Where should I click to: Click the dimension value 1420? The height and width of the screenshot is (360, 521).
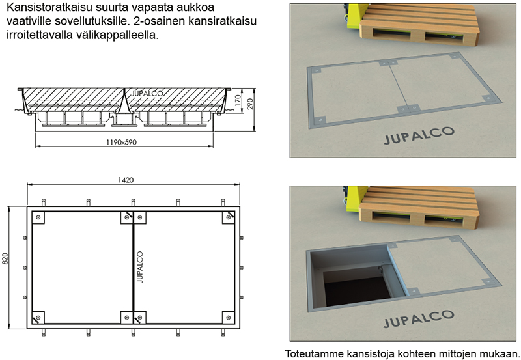pyautogui.click(x=126, y=180)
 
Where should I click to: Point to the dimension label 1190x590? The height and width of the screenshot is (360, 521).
pyautogui.click(x=122, y=142)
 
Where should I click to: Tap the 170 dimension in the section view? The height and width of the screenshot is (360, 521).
pyautogui.click(x=238, y=101)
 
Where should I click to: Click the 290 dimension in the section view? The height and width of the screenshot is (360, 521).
pyautogui.click(x=251, y=104)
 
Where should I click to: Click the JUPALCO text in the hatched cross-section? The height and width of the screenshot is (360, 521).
pyautogui.click(x=147, y=94)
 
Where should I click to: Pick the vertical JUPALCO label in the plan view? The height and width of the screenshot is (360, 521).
pyautogui.click(x=140, y=267)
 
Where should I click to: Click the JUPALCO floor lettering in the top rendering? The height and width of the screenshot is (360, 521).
pyautogui.click(x=419, y=135)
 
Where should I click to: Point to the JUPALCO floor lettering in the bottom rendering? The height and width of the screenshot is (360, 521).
pyautogui.click(x=419, y=318)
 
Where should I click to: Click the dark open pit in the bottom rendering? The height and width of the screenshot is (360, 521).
pyautogui.click(x=356, y=288)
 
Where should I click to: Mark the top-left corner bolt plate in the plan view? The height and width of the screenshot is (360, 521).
pyautogui.click(x=38, y=217)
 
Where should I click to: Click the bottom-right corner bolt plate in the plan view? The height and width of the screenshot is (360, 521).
pyautogui.click(x=229, y=317)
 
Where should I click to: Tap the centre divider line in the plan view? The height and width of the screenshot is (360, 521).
pyautogui.click(x=133, y=268)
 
